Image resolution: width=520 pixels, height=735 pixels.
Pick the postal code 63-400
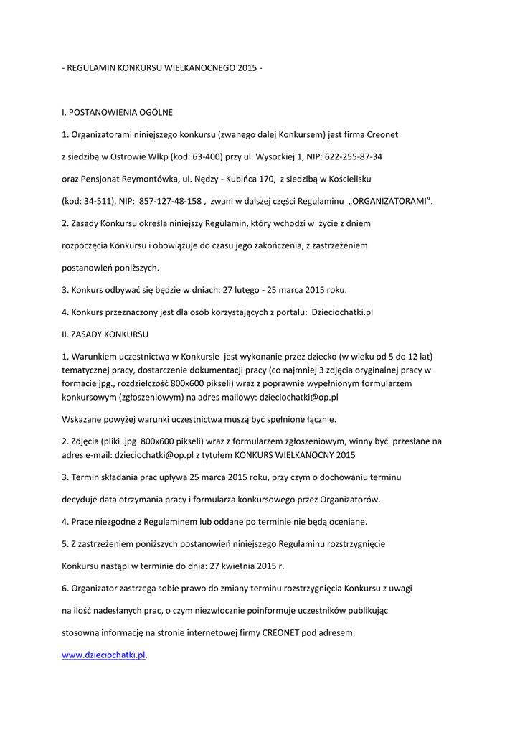(193, 156)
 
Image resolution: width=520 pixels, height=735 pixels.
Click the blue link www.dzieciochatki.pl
(104, 655)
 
